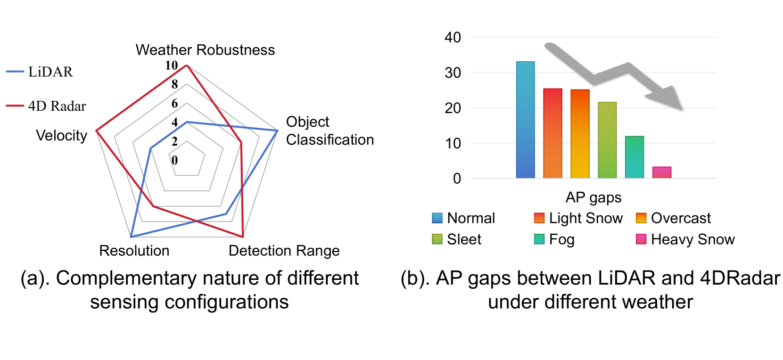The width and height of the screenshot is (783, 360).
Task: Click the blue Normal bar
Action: [x=525, y=120]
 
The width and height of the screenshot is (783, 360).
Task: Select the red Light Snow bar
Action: [x=552, y=133]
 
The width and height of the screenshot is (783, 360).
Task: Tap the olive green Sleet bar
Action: [x=607, y=140]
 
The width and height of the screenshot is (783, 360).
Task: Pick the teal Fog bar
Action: [x=635, y=157]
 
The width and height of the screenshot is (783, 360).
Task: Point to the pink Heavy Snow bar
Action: [x=661, y=172]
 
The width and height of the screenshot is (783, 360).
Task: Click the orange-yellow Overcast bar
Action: [x=580, y=134]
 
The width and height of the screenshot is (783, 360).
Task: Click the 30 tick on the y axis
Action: [x=453, y=73]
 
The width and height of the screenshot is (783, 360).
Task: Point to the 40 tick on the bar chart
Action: [x=453, y=38]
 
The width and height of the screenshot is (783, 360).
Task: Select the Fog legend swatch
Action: [x=539, y=239]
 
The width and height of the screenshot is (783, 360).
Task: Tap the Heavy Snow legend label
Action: [x=692, y=239]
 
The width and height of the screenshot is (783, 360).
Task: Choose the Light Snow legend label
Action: [x=585, y=218]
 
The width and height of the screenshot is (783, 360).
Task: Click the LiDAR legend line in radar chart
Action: [x=15, y=72]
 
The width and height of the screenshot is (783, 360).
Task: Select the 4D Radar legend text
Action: [x=57, y=106]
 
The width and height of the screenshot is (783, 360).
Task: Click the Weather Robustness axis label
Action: [x=205, y=50]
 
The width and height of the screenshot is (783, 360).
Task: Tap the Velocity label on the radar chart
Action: [x=61, y=136]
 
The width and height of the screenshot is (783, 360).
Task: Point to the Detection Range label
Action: [x=284, y=251]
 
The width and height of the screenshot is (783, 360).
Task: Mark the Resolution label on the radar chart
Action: [x=134, y=251]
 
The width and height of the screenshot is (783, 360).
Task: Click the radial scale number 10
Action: [x=172, y=65]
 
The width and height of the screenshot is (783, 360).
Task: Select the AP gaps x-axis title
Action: [x=593, y=197]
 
